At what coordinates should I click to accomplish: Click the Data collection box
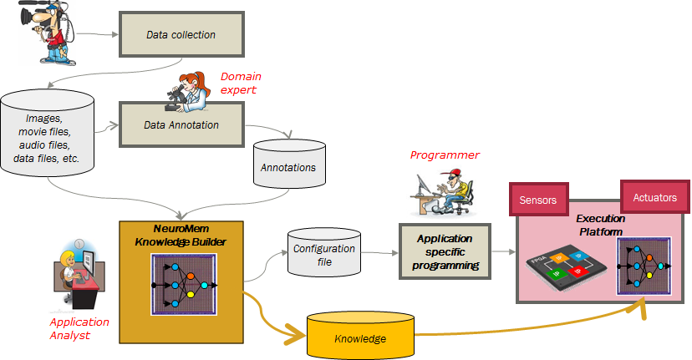pos(181,34)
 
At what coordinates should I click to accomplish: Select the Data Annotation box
pos(181,124)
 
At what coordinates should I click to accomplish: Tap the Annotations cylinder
pos(289,164)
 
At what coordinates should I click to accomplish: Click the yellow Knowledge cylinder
pos(360,335)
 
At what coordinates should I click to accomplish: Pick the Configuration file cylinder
pos(324,252)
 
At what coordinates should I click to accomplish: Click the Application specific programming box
pos(445,251)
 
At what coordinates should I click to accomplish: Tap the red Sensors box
pos(538,200)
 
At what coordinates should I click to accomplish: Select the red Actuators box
pos(655,197)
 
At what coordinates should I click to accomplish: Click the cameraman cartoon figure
pos(48,33)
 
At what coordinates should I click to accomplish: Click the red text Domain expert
pos(241,83)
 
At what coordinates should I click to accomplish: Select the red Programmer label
pos(445,155)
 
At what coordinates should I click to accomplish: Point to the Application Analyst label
pos(79,328)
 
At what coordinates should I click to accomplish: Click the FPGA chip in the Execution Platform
pos(566,267)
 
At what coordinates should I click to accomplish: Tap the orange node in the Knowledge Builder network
pos(191,276)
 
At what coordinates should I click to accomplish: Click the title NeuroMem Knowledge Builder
pos(181,236)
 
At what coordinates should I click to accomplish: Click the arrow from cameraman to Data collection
pos(97,33)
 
